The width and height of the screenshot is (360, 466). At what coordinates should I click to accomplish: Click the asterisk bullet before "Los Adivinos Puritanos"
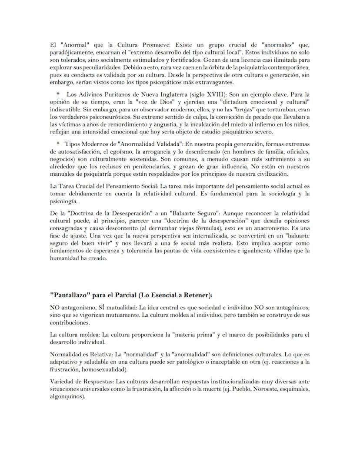click(x=58, y=94)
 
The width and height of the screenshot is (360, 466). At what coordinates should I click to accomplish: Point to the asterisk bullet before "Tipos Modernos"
click(x=58, y=143)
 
